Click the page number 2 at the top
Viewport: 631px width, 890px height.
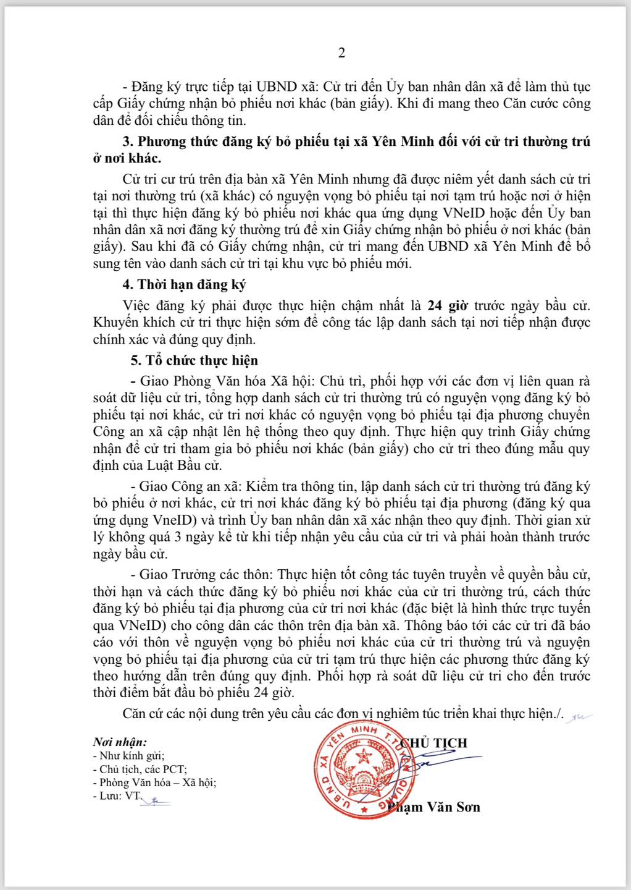[341, 53]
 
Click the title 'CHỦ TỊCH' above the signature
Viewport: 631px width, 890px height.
[434, 743]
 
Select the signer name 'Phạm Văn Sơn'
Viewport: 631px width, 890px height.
[435, 807]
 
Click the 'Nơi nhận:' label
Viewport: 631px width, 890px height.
[120, 742]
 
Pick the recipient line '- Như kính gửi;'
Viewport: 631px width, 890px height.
[128, 755]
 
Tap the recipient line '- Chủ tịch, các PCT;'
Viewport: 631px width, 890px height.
[139, 769]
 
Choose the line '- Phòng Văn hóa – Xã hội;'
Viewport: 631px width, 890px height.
[154, 782]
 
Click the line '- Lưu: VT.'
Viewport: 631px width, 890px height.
[117, 796]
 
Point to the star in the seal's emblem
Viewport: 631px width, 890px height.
[362, 755]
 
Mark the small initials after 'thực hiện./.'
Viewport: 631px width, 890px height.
[580, 716]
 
